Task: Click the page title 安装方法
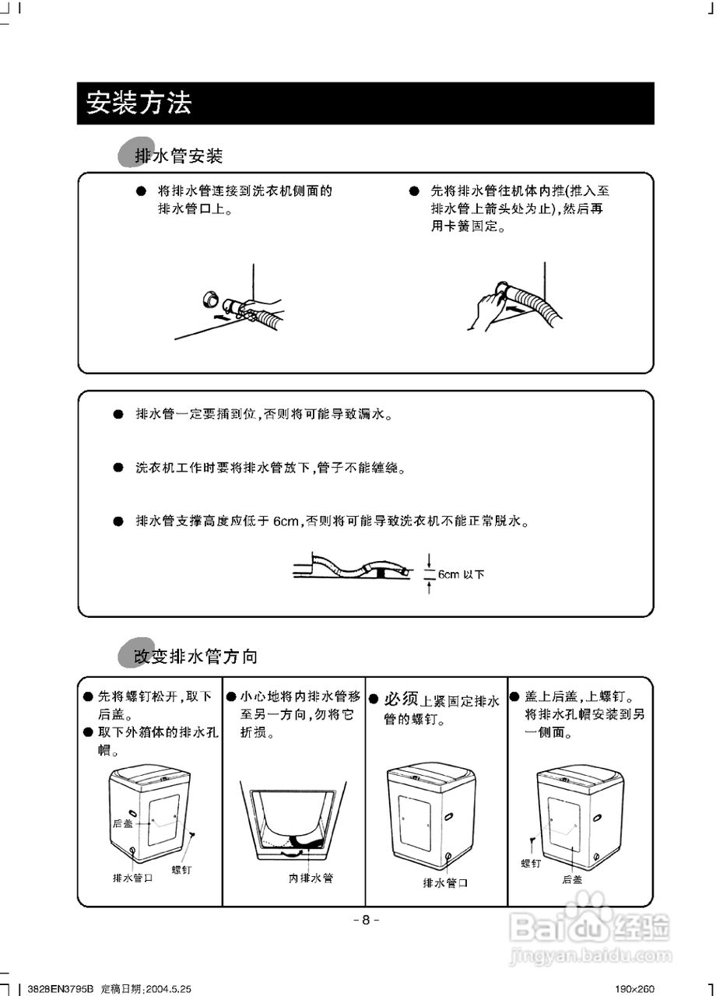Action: coord(139,103)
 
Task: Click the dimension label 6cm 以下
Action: coord(460,575)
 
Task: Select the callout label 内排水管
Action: coord(311,878)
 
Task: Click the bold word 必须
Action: coord(402,698)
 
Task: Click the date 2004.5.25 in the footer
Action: coord(165,988)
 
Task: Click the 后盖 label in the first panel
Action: coord(122,823)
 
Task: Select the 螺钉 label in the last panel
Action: coord(531,864)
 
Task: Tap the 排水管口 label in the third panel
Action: coord(445,883)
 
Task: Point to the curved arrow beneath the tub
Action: coord(293,854)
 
